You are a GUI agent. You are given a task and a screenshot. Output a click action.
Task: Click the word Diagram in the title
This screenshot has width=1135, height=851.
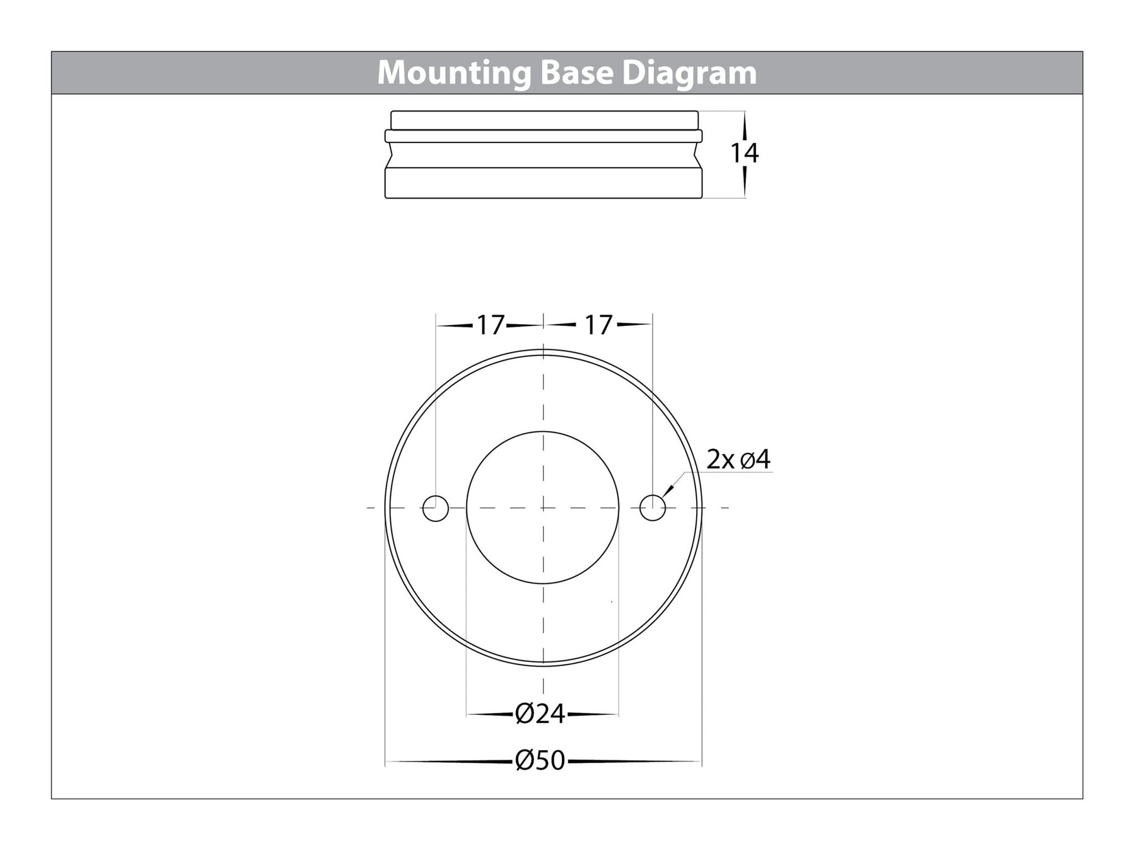click(689, 73)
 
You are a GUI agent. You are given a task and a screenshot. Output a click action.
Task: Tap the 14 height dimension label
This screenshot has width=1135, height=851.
click(744, 153)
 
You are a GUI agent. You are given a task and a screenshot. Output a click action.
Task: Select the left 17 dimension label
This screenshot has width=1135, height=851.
click(489, 325)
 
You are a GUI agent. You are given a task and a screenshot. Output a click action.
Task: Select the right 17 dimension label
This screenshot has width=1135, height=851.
click(598, 325)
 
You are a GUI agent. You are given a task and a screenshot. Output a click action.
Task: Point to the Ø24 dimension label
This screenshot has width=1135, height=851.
click(540, 714)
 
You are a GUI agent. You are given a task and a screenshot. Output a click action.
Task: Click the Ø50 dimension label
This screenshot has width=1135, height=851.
click(540, 761)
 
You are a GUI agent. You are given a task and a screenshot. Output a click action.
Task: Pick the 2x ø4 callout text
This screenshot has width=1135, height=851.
click(738, 460)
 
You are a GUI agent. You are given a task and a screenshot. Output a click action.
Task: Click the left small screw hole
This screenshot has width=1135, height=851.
click(436, 508)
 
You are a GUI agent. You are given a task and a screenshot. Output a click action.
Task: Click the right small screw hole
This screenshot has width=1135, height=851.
click(653, 508)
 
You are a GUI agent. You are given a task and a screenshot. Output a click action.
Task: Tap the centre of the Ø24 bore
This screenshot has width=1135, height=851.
click(543, 507)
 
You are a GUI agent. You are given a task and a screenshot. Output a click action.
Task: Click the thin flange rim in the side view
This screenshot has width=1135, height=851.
click(543, 136)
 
